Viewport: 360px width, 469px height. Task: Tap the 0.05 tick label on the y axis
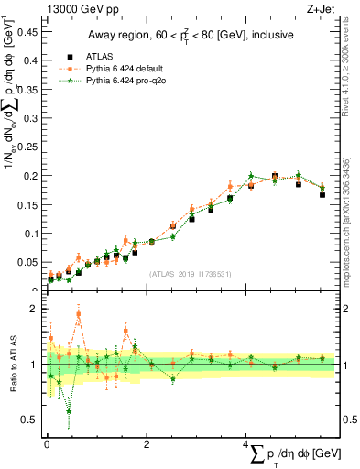point(29,262)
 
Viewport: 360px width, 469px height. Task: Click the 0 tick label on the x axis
point(47,444)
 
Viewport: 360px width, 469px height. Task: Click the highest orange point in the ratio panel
point(79,314)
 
